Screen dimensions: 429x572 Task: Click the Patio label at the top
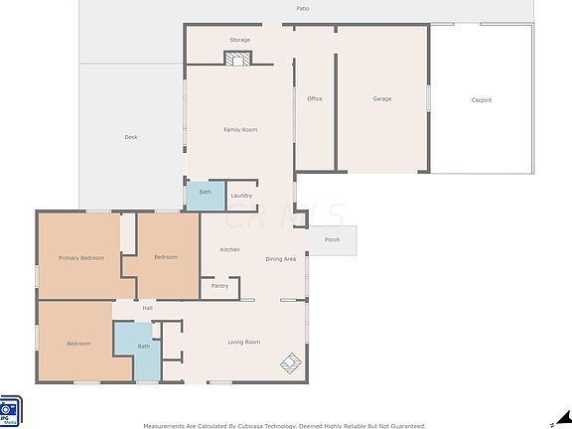pyautogui.click(x=302, y=8)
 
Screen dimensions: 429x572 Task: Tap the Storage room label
pyautogui.click(x=239, y=40)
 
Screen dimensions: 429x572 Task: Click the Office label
pyautogui.click(x=315, y=99)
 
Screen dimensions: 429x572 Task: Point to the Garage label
pyautogui.click(x=381, y=99)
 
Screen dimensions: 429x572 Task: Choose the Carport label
pyautogui.click(x=481, y=99)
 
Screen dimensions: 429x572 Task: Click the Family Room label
pyautogui.click(x=240, y=130)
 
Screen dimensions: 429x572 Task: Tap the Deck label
pyautogui.click(x=131, y=137)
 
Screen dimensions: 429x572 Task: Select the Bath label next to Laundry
pyautogui.click(x=205, y=192)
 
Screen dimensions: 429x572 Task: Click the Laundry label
pyautogui.click(x=241, y=196)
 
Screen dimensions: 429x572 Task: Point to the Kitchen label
pyautogui.click(x=229, y=249)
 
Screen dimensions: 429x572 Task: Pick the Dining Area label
pyautogui.click(x=281, y=259)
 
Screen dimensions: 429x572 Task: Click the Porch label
pyautogui.click(x=332, y=239)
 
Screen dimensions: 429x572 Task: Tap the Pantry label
pyautogui.click(x=219, y=286)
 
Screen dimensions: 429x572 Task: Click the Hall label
pyautogui.click(x=147, y=308)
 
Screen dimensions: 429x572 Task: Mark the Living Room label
pyautogui.click(x=244, y=343)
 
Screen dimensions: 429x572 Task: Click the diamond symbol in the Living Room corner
pyautogui.click(x=290, y=363)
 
